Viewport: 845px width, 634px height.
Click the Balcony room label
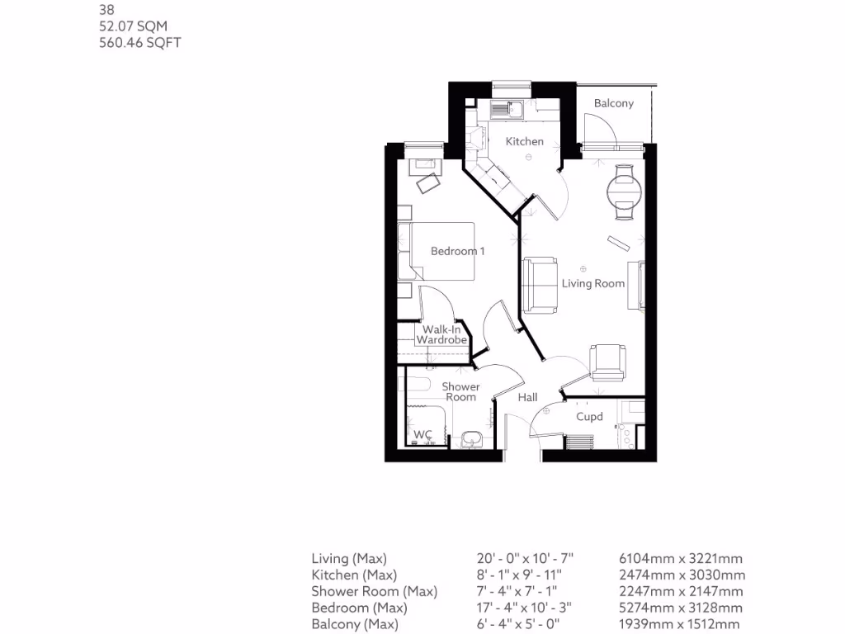point(614,103)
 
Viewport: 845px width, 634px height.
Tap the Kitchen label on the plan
point(525,141)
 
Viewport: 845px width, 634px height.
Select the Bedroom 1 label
point(457,251)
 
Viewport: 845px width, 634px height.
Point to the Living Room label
point(593,283)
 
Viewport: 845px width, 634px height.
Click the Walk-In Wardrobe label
point(441,334)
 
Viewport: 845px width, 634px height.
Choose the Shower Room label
point(460,391)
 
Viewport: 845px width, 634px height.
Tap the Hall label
point(527,397)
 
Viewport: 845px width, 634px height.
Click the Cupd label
point(589,417)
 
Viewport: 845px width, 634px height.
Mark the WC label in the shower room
point(423,434)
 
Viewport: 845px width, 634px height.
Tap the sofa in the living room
point(538,285)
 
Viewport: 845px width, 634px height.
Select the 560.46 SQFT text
point(139,42)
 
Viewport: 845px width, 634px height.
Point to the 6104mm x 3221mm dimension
point(681,559)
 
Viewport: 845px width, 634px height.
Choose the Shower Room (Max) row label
point(374,591)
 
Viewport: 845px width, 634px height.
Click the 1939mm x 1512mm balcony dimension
point(679,624)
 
